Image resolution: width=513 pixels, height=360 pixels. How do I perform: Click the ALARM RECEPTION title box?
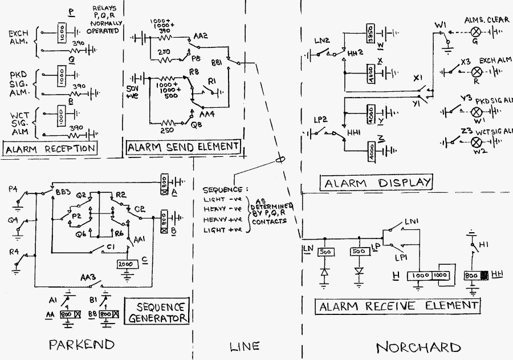click(49, 149)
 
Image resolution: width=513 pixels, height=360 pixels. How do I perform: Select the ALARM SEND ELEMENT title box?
click(183, 147)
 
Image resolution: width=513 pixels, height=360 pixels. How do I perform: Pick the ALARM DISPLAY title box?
click(376, 183)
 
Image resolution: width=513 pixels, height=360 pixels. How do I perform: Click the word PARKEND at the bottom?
click(81, 345)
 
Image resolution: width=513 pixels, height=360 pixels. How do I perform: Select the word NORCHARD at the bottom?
click(418, 347)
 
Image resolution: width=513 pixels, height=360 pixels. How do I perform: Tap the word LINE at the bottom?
click(245, 346)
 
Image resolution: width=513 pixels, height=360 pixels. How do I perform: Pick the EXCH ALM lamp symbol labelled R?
click(474, 71)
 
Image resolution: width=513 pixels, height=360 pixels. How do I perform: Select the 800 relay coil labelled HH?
click(475, 276)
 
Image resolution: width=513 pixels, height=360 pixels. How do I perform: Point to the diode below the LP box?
click(359, 270)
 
